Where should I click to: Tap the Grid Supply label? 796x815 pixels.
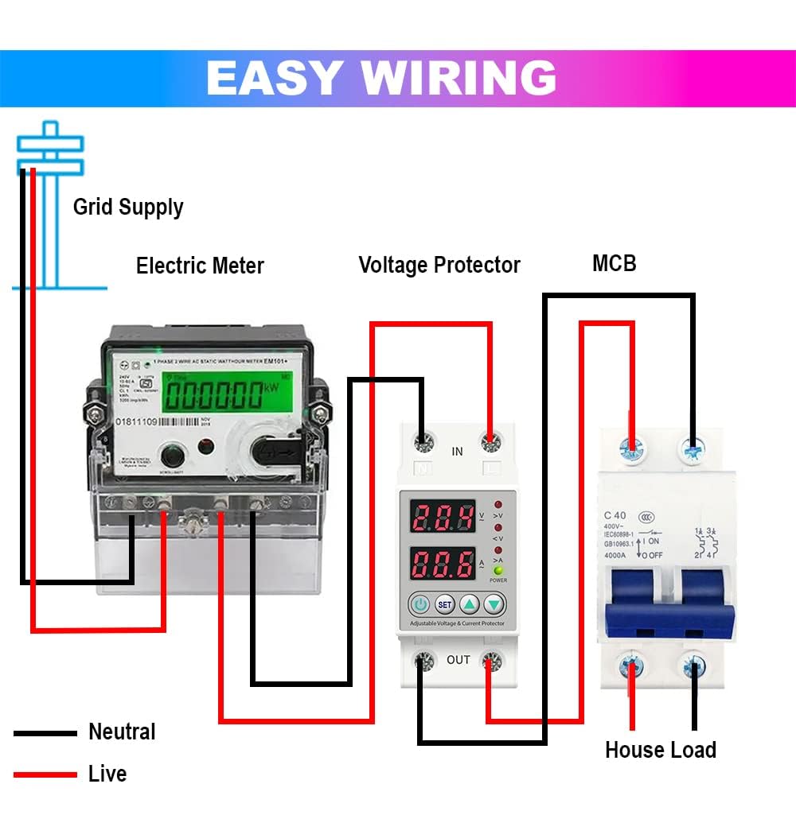128,208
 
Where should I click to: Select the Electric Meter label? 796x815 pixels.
200,266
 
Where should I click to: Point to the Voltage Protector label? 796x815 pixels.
439,265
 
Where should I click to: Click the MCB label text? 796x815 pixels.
614,263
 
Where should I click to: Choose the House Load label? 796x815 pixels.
660,750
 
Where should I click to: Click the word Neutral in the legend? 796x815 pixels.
122,732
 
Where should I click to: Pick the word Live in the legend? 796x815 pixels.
107,774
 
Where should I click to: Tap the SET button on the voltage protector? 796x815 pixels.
445,605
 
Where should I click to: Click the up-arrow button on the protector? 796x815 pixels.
470,605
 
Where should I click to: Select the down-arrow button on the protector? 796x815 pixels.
495,605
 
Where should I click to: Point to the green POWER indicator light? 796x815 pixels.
498,570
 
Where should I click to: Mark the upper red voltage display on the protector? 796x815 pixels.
443,518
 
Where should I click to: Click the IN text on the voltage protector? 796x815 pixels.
457,452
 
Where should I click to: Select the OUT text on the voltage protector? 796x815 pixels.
458,660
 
